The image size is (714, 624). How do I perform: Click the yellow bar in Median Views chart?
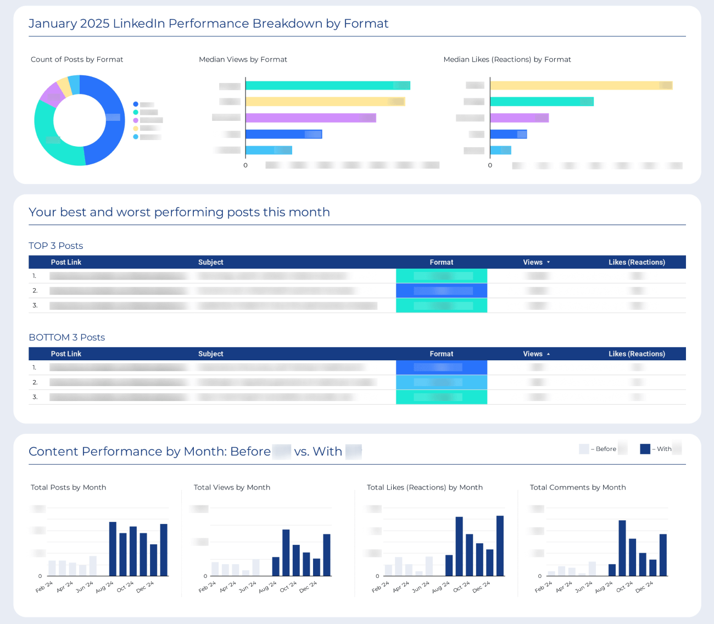point(324,102)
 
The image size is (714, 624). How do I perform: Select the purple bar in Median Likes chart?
point(518,118)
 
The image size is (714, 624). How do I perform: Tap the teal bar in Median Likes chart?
point(541,102)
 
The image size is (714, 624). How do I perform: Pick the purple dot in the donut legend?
point(136,120)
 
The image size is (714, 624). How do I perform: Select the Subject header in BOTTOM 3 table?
point(211,354)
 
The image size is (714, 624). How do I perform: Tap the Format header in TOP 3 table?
point(442,262)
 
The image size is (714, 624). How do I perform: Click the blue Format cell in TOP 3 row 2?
point(442,291)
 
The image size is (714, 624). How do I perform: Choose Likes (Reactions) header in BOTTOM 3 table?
point(637,354)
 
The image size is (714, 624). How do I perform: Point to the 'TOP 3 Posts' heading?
point(56,246)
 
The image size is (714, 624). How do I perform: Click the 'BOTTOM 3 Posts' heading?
point(67,337)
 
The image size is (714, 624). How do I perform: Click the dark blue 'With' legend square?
point(645,449)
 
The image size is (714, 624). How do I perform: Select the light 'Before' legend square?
point(584,449)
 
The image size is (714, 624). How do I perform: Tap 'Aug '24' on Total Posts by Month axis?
point(104,587)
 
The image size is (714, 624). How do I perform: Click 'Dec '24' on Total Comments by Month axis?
point(644,587)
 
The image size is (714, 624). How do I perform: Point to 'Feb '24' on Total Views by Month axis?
point(207,587)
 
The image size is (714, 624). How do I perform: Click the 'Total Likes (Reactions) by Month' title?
point(425,487)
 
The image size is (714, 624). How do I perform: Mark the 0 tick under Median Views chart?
point(246,165)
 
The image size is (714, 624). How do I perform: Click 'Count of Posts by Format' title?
point(77,59)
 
